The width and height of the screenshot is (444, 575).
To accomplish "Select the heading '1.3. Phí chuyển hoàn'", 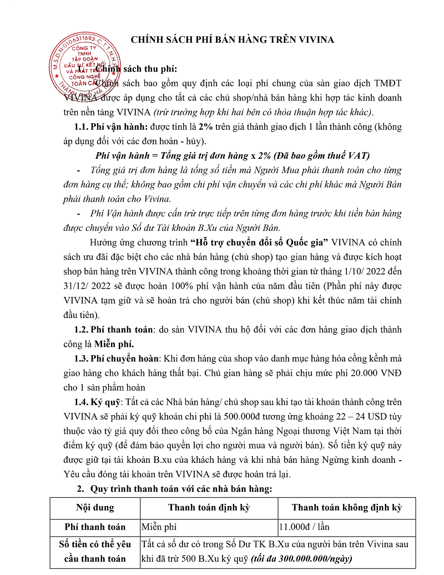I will pyautogui.click(x=118, y=359).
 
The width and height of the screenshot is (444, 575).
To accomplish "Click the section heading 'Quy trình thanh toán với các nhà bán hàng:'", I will pyautogui.click(x=180, y=489).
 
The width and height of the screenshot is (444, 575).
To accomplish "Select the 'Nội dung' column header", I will pyautogui.click(x=95, y=507).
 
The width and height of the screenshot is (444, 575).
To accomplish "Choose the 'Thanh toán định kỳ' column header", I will pyautogui.click(x=209, y=507).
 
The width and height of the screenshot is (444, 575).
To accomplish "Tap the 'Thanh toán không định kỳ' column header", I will pyautogui.click(x=347, y=507).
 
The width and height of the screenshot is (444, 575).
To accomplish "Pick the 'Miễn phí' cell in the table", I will pyautogui.click(x=159, y=527).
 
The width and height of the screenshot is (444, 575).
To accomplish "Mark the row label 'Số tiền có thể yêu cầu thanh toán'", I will pyautogui.click(x=95, y=551).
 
